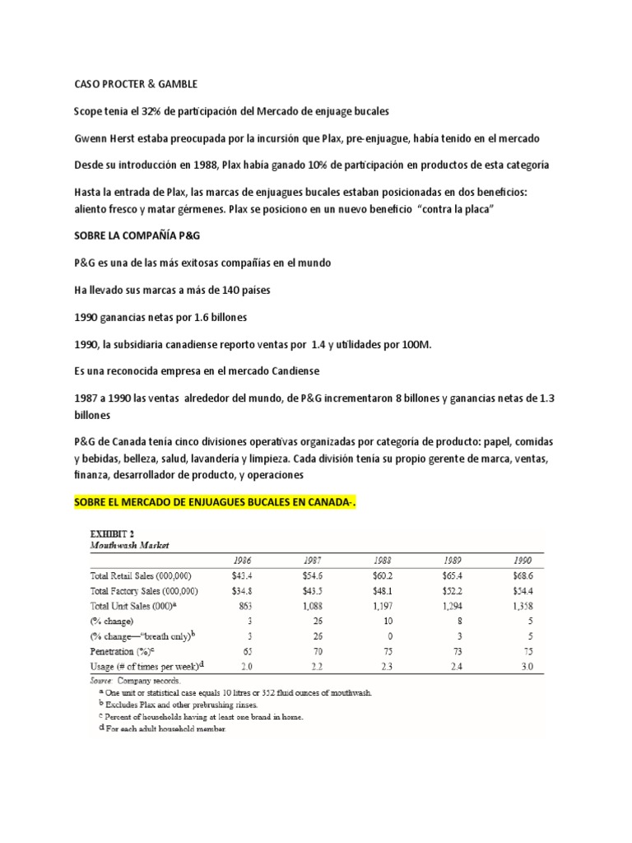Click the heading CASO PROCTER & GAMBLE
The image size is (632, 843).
tap(136, 84)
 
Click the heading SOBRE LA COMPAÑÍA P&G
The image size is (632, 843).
tap(137, 235)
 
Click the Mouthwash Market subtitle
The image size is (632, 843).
tap(130, 544)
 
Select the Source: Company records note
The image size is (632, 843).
tap(135, 681)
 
